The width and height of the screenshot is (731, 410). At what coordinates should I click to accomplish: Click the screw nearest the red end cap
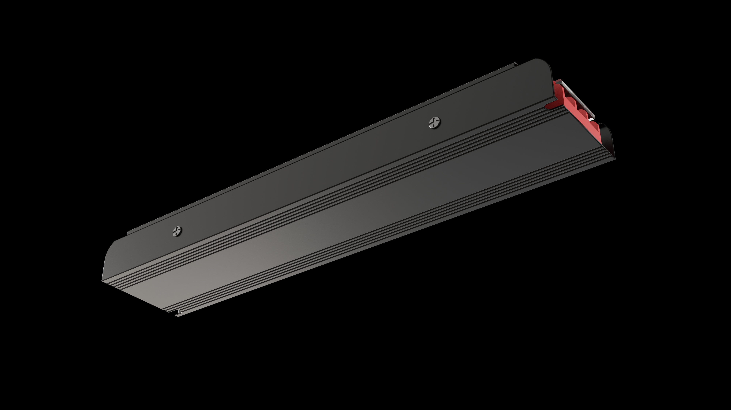point(434,123)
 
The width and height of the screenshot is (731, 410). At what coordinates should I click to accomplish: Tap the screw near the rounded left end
point(177,231)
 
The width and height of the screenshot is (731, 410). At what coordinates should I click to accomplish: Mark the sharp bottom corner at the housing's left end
point(103,282)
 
